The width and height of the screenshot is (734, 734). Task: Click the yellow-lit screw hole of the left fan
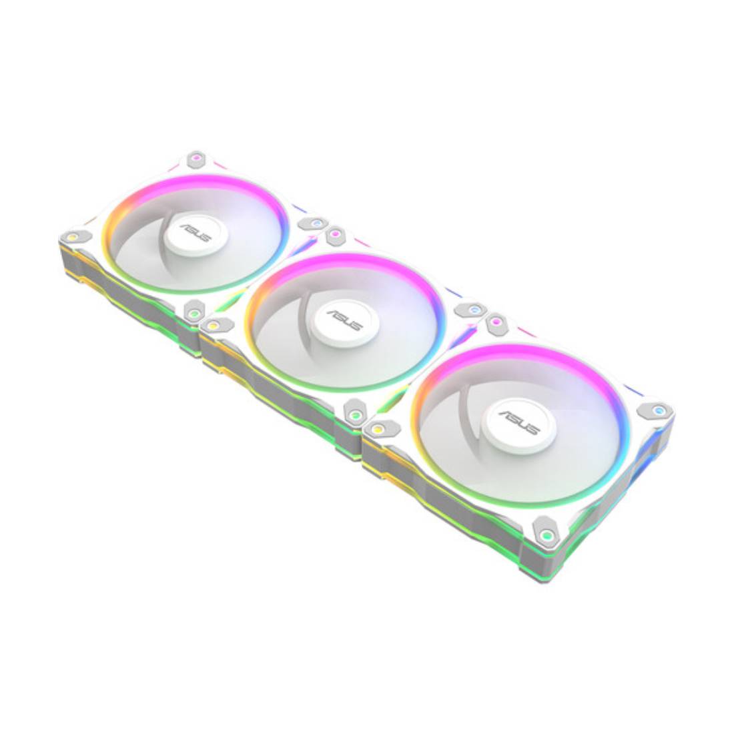(x=71, y=236)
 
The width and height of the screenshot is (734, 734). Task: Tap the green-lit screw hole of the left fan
(x=193, y=311)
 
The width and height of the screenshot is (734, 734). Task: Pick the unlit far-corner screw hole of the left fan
(x=196, y=159)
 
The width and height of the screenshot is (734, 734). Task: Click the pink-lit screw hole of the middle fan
(x=332, y=235)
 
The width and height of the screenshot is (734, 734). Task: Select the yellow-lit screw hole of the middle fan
(x=213, y=325)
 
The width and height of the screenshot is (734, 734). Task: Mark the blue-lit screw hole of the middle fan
(x=473, y=310)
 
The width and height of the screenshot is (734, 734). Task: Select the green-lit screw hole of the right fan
(x=546, y=533)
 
